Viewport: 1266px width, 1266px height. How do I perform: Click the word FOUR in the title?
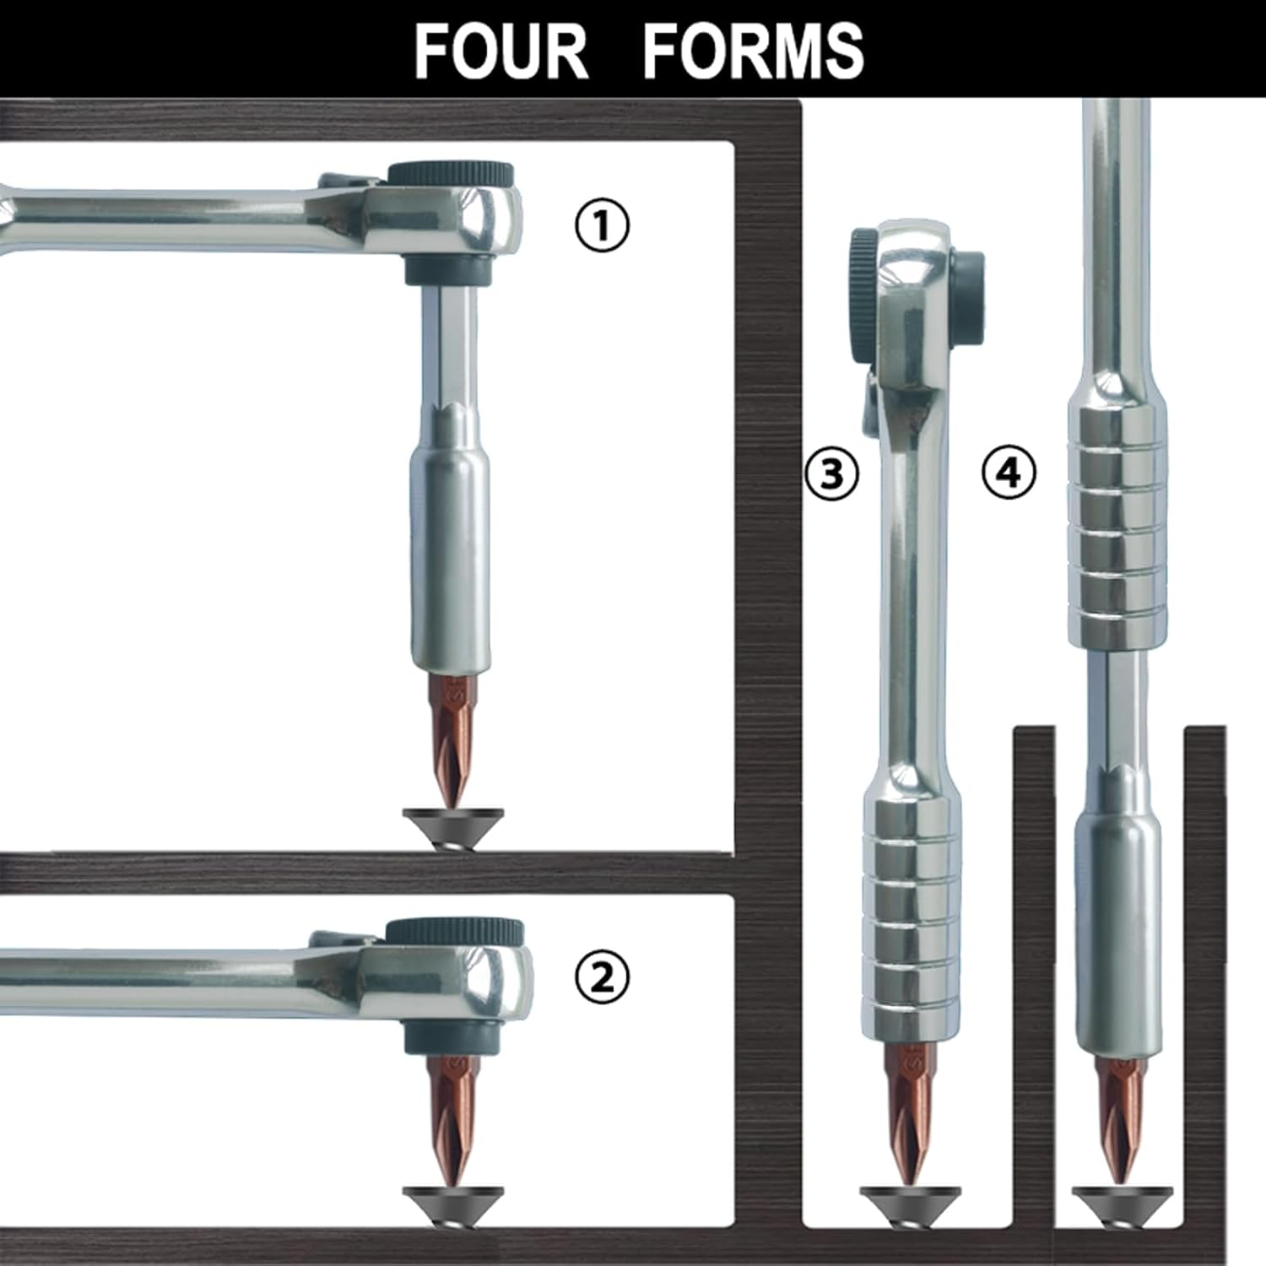click(500, 51)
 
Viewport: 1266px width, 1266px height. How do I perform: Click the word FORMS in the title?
click(754, 51)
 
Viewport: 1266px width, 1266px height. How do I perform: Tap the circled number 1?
click(602, 226)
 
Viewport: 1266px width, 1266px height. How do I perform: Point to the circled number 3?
click(831, 473)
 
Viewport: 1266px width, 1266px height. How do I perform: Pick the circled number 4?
click(1009, 473)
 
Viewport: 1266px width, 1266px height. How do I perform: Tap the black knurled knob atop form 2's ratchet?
click(455, 931)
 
